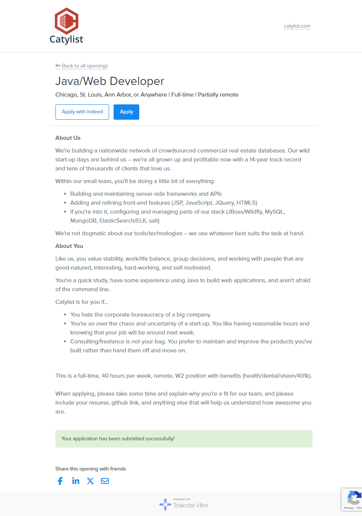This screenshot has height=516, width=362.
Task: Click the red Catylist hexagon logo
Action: [66, 21]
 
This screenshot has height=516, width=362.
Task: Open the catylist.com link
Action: [297, 26]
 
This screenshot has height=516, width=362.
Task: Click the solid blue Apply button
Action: [126, 112]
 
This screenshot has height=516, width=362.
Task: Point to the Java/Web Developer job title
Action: [109, 81]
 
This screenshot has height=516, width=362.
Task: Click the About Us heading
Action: [68, 138]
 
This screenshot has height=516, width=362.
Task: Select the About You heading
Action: [69, 246]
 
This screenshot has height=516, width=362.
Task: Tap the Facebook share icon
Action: [60, 481]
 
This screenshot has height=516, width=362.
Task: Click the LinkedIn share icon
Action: [76, 481]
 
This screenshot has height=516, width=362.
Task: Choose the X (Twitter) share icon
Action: [90, 481]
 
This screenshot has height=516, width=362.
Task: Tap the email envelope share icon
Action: [105, 481]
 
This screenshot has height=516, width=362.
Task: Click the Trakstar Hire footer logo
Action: [184, 504]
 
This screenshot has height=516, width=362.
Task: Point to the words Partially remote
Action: [218, 95]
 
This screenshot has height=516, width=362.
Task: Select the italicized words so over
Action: [98, 324]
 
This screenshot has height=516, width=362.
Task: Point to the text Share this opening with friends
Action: [90, 469]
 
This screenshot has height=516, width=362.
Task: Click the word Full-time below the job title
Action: [182, 95]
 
